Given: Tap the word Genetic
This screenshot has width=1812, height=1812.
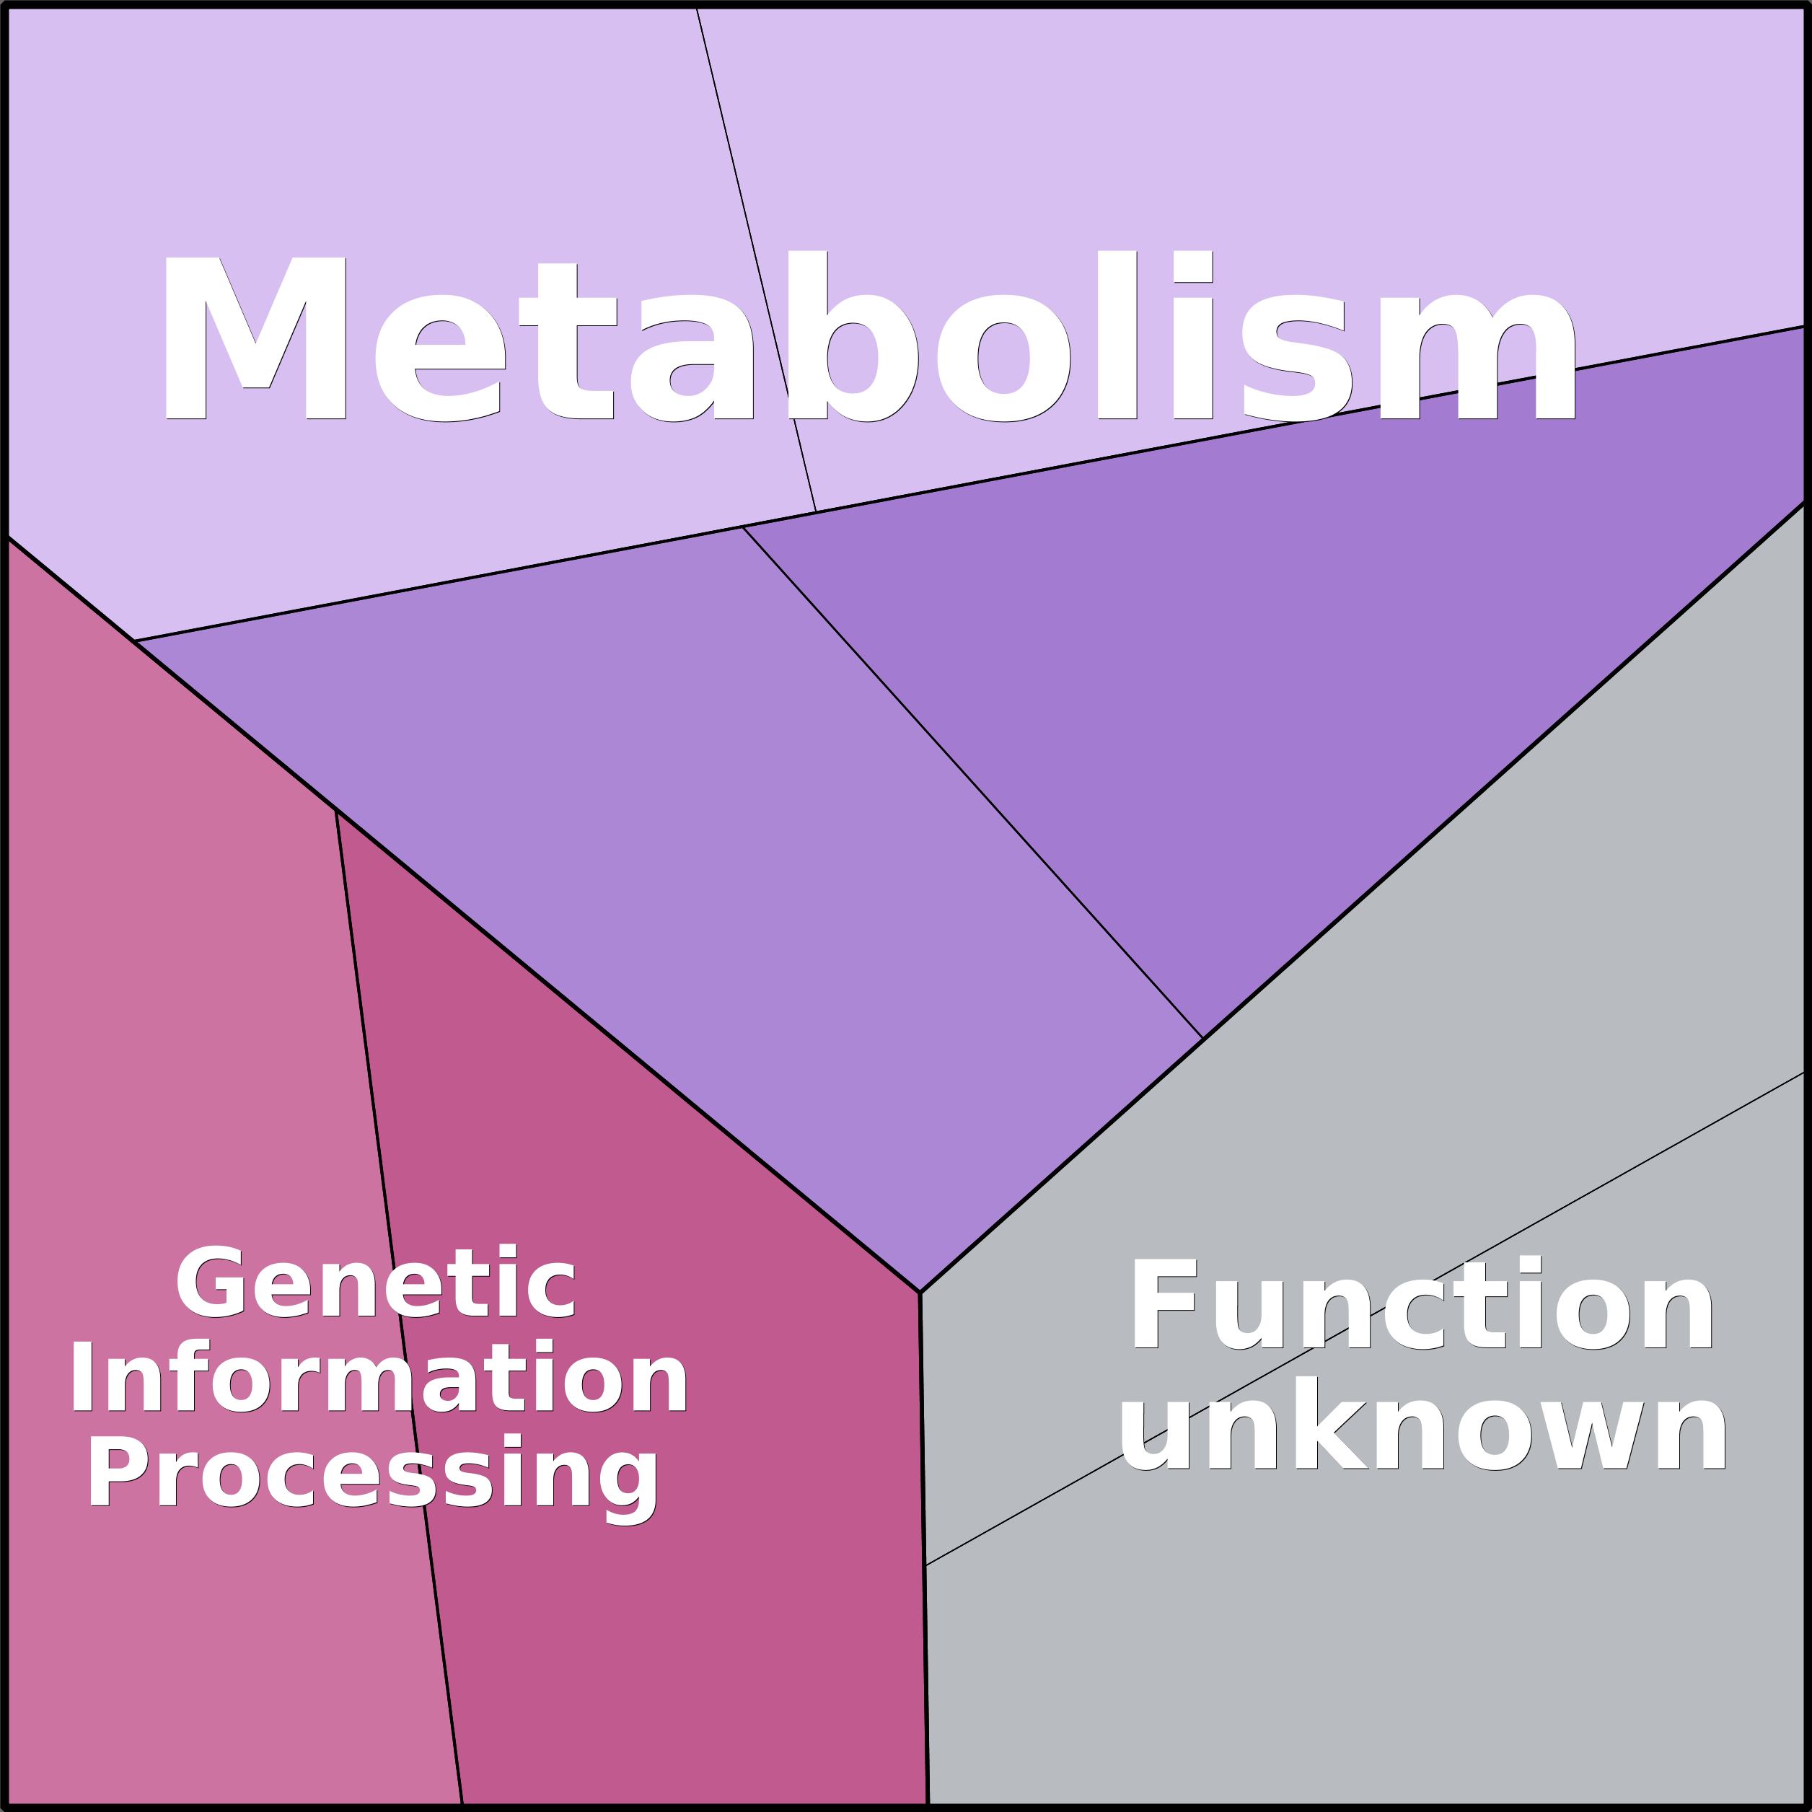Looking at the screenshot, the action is [375, 1281].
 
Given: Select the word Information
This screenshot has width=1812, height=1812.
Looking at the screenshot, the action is [379, 1377].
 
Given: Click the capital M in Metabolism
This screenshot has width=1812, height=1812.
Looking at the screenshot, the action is [255, 337].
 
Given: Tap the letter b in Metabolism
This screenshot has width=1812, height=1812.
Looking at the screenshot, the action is [852, 335].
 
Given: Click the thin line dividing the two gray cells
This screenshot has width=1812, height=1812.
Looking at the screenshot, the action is [1365, 1319].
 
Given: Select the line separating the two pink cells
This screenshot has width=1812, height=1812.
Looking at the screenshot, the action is [399, 1307].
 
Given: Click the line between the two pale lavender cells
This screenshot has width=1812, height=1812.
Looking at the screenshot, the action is [756, 259].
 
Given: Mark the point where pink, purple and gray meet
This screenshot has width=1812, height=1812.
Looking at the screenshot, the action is [920, 1293].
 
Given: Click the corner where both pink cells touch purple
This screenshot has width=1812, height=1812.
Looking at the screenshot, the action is [335, 810].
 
